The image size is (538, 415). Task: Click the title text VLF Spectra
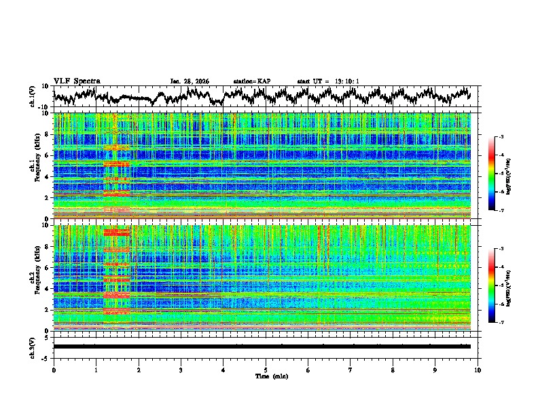pyautogui.click(x=77, y=81)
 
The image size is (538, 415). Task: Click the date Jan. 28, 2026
pyautogui.click(x=190, y=81)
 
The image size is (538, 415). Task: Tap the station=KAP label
pyautogui.click(x=252, y=81)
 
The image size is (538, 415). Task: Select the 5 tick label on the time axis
pyautogui.click(x=266, y=370)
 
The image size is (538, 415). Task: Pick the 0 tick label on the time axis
pyautogui.click(x=54, y=370)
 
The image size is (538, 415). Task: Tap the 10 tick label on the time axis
pyautogui.click(x=478, y=370)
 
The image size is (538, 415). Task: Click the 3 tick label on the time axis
pyautogui.click(x=181, y=370)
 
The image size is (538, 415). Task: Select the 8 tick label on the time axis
pyautogui.click(x=393, y=370)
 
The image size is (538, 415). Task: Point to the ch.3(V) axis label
pyautogui.click(x=33, y=347)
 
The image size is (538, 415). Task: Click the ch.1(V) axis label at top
pyautogui.click(x=33, y=96)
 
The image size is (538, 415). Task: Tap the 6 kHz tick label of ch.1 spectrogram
pyautogui.click(x=48, y=155)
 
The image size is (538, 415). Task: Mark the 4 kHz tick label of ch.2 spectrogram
pyautogui.click(x=48, y=289)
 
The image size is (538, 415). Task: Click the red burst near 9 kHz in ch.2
pyautogui.click(x=116, y=233)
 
